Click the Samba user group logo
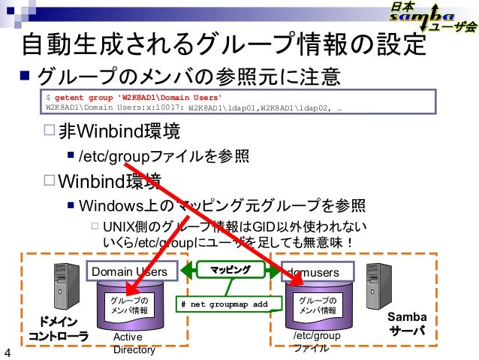coord(432,18)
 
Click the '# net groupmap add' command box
coord(224,304)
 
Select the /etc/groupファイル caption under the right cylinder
coord(315,343)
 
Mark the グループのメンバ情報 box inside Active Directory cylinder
coord(130,304)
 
